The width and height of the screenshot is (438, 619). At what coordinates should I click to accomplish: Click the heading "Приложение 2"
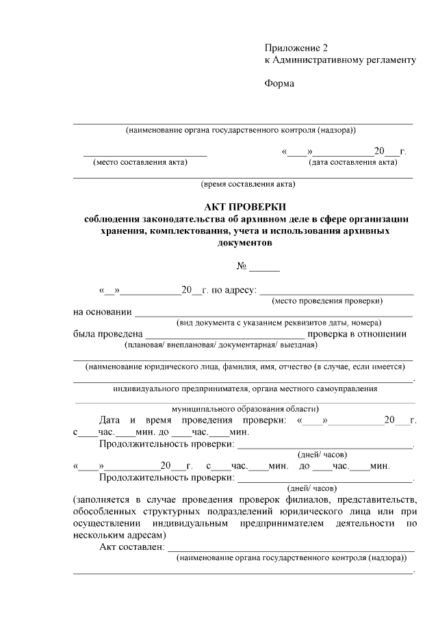296,48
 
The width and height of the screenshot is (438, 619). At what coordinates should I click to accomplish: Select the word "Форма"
279,84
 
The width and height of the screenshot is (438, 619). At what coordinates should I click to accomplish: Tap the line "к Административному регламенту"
340,60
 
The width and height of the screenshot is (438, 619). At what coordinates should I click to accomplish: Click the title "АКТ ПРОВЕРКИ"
244,207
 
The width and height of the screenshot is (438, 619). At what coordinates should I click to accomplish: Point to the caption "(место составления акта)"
140,163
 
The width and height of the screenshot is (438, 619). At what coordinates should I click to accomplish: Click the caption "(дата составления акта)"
353,163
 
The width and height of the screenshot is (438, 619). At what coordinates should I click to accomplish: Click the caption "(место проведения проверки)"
327,301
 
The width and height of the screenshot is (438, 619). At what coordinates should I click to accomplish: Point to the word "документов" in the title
244,243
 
